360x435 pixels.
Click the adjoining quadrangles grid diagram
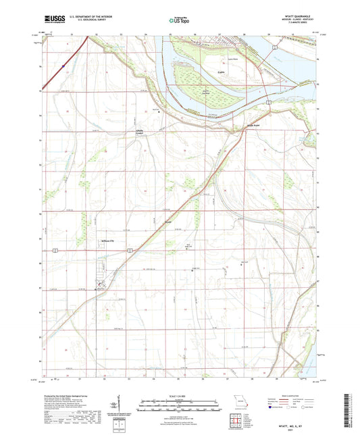click(x=236, y=424)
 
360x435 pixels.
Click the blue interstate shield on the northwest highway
click(x=62, y=66)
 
